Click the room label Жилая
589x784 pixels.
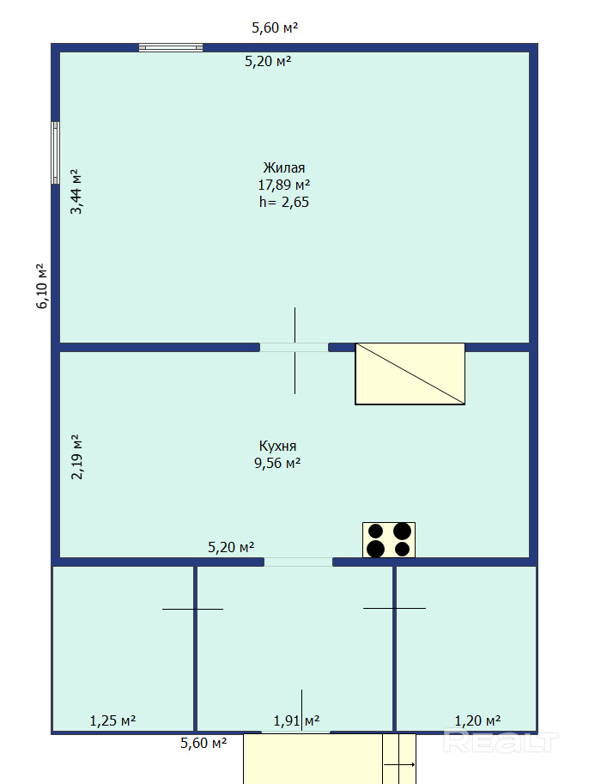coord(283,167)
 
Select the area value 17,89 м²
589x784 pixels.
coord(283,185)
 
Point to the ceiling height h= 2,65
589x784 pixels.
coord(284,202)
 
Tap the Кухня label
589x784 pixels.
coord(277,446)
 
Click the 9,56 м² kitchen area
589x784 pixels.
coord(277,463)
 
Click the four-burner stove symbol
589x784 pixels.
coord(389,540)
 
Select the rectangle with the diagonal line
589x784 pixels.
coord(410,374)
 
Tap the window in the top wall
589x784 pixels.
coord(171,47)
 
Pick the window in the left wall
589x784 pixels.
coord(56,153)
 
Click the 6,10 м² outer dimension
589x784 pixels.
coord(42,286)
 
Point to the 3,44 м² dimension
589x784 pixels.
coord(76,191)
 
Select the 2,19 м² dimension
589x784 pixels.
coord(77,457)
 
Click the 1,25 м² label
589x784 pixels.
coord(112,720)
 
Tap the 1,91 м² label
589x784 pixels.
coord(296,720)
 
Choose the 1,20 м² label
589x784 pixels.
coord(477,720)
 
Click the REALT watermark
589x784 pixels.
coord(500,742)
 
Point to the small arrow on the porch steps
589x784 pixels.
coord(399,764)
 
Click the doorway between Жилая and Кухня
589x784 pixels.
coord(294,347)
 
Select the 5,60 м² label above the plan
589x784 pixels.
coord(275,27)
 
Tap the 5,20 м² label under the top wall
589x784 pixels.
coord(268,61)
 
